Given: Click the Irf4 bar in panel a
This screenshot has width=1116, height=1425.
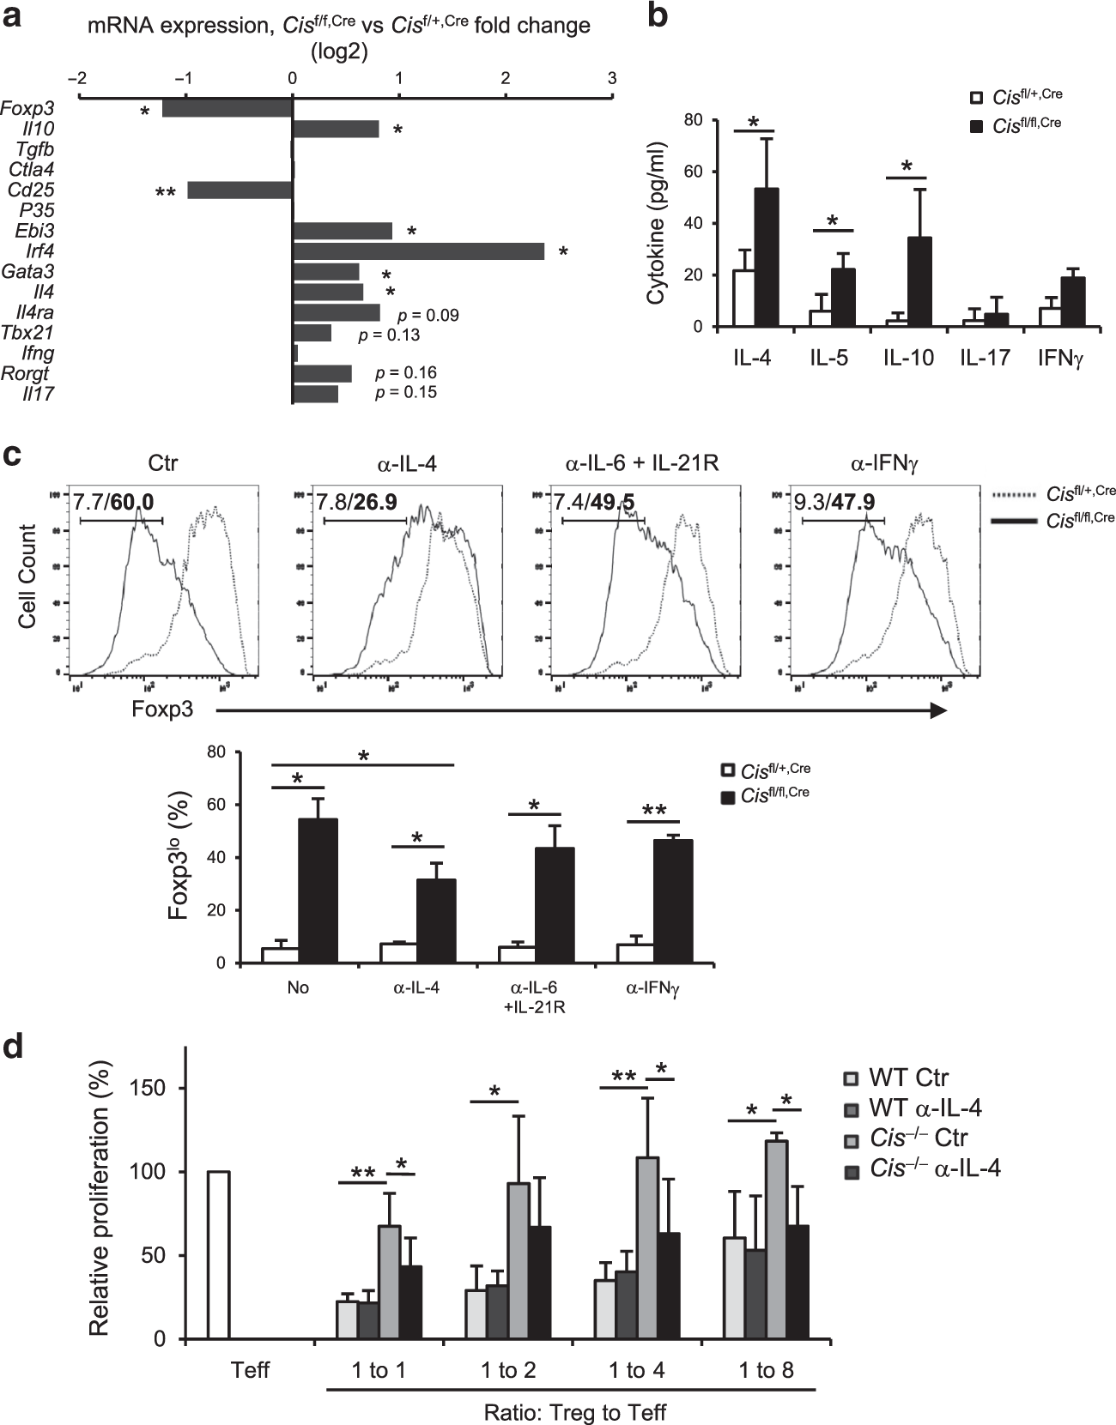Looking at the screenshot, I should (x=418, y=251).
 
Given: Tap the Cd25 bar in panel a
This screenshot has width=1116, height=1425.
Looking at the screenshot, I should (x=240, y=190).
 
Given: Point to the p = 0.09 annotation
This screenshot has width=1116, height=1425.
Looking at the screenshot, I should (x=428, y=316).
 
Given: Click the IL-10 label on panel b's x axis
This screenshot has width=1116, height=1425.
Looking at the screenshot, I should (x=908, y=359).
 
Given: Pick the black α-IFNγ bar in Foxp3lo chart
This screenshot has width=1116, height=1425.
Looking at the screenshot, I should (x=671, y=901).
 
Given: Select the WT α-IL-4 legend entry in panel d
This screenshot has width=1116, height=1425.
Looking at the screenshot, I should (x=913, y=1108).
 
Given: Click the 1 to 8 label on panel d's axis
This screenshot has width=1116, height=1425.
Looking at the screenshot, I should (x=767, y=1371).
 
